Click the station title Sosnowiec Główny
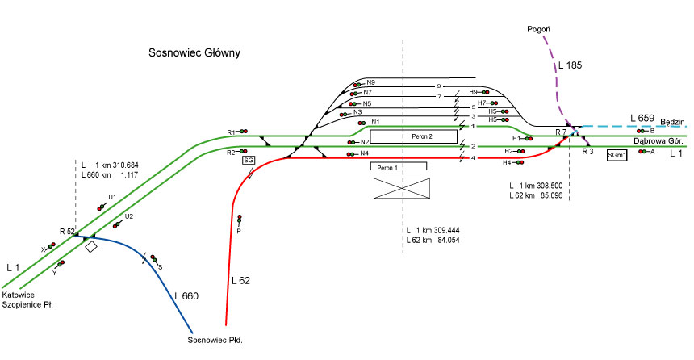coord(195,54)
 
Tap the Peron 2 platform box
coord(412,136)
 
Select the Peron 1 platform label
coord(388,167)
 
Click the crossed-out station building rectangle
coord(403,188)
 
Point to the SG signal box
coord(249,161)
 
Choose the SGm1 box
coord(617,154)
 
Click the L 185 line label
coord(569,64)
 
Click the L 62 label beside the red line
coord(242,281)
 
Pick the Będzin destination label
coord(672,122)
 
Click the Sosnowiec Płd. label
coord(215,341)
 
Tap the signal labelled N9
coord(357,83)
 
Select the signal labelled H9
coord(487,93)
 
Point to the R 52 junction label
coord(67,232)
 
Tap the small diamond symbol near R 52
coord(91,246)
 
